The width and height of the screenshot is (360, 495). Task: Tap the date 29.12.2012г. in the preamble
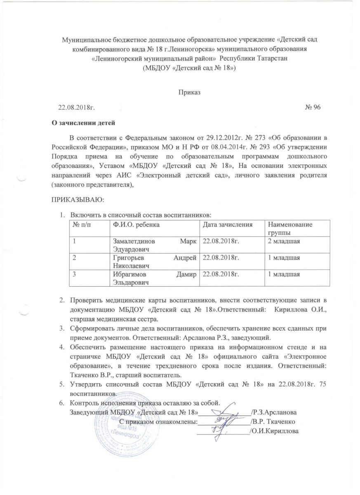click(216, 137)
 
